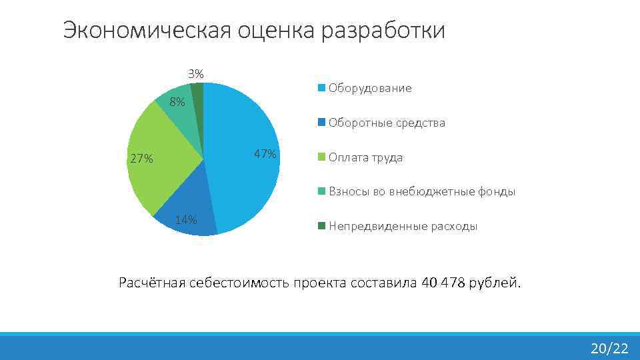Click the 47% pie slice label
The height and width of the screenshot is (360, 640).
[265, 154]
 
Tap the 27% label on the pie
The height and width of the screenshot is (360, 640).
[141, 159]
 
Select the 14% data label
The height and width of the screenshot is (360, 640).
[185, 220]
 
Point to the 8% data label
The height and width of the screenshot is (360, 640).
[177, 102]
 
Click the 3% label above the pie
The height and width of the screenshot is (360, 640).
[195, 73]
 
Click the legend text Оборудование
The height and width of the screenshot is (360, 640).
[370, 88]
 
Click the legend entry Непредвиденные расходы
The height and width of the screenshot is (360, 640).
[403, 227]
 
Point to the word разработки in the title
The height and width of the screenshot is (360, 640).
[383, 31]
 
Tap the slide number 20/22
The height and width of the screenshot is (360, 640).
[609, 348]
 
